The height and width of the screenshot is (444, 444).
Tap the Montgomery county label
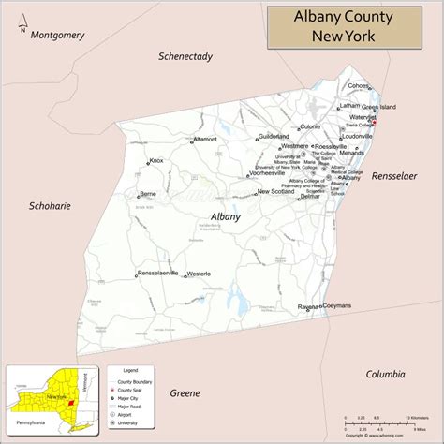[x=57, y=36]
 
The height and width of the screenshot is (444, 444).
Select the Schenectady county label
[x=185, y=56]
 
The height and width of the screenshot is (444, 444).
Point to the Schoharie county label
[x=51, y=205]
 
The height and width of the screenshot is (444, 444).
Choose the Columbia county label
[x=385, y=374]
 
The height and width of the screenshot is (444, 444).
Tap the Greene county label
[x=185, y=393]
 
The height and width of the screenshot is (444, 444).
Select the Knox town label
[x=156, y=161]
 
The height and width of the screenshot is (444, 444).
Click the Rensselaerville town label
[x=157, y=273]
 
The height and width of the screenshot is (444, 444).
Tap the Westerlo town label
[x=199, y=274]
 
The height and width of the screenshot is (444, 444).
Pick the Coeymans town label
[x=337, y=306]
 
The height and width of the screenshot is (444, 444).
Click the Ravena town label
[x=308, y=307]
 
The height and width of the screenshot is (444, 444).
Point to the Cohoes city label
[x=359, y=85]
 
